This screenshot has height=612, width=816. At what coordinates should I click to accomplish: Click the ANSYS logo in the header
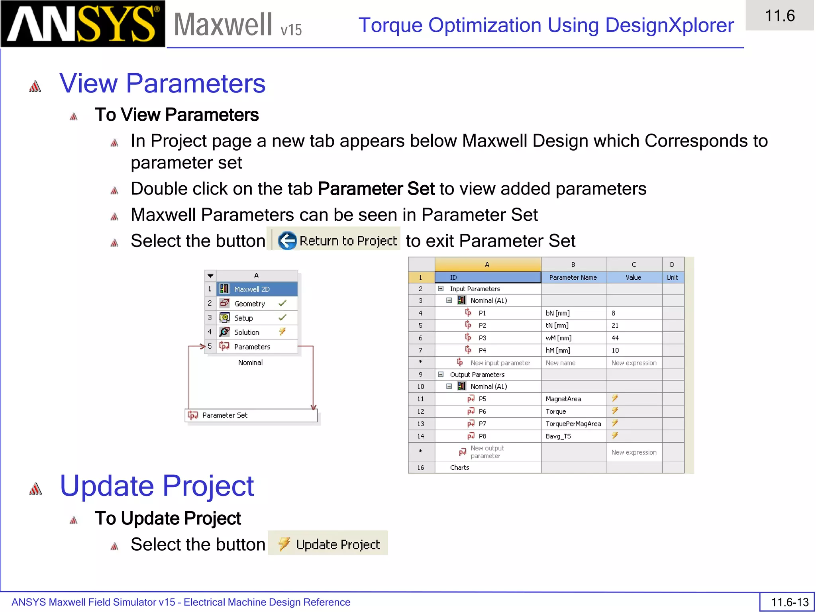click(x=82, y=24)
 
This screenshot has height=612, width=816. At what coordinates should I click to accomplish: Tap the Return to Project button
click(x=337, y=241)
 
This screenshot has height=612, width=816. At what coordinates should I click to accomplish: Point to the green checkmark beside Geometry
click(x=282, y=304)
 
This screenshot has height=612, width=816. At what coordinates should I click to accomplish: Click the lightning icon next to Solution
click(x=282, y=331)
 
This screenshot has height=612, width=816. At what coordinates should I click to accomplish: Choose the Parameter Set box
click(x=251, y=415)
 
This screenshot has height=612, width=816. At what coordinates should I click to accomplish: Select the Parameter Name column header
click(x=573, y=278)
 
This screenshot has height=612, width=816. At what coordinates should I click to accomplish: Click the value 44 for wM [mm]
click(x=615, y=338)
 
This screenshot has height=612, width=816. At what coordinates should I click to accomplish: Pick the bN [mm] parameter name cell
click(x=558, y=313)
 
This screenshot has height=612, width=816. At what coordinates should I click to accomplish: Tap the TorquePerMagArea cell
click(x=573, y=424)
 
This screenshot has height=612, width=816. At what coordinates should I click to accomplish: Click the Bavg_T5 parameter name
click(x=558, y=436)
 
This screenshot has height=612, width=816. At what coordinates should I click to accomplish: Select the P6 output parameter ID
click(x=483, y=411)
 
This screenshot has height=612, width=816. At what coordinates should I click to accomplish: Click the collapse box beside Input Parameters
click(x=441, y=289)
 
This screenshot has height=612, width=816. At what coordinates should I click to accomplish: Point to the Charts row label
click(x=459, y=468)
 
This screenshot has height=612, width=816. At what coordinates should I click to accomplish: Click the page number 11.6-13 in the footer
click(x=789, y=602)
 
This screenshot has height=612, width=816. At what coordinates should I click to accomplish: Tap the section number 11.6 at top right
click(x=780, y=16)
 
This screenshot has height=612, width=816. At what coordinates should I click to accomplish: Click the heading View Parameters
click(x=162, y=84)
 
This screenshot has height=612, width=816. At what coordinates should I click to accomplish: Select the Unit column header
click(x=672, y=278)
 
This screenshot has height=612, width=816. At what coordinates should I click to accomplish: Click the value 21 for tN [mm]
click(x=615, y=326)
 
